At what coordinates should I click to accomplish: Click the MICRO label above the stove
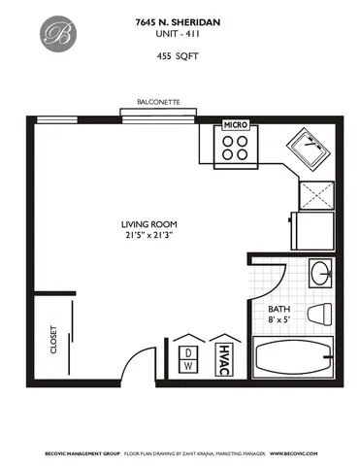235,125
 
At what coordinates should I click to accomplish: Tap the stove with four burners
235,147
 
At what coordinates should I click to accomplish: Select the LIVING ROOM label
147,222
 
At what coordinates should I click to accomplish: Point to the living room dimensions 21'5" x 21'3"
147,235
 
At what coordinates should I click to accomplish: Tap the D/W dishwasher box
188,359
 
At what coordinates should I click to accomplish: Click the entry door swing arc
146,359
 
